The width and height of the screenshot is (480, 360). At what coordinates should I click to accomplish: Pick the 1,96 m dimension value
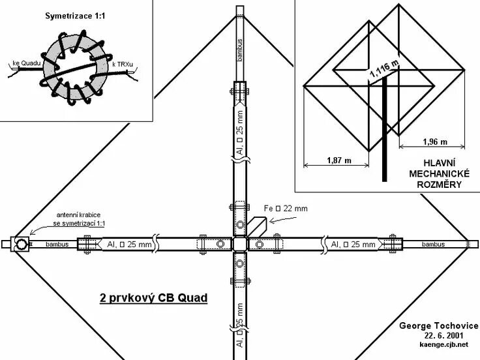(434, 142)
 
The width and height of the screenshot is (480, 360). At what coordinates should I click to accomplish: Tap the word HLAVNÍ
(435, 162)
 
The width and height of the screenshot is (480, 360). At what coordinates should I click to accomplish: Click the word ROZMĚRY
(435, 185)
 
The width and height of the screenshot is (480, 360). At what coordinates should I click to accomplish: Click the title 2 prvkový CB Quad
(153, 298)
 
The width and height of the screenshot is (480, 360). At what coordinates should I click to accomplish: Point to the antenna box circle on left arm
(21, 245)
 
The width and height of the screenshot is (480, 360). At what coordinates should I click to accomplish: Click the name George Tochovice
(440, 325)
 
